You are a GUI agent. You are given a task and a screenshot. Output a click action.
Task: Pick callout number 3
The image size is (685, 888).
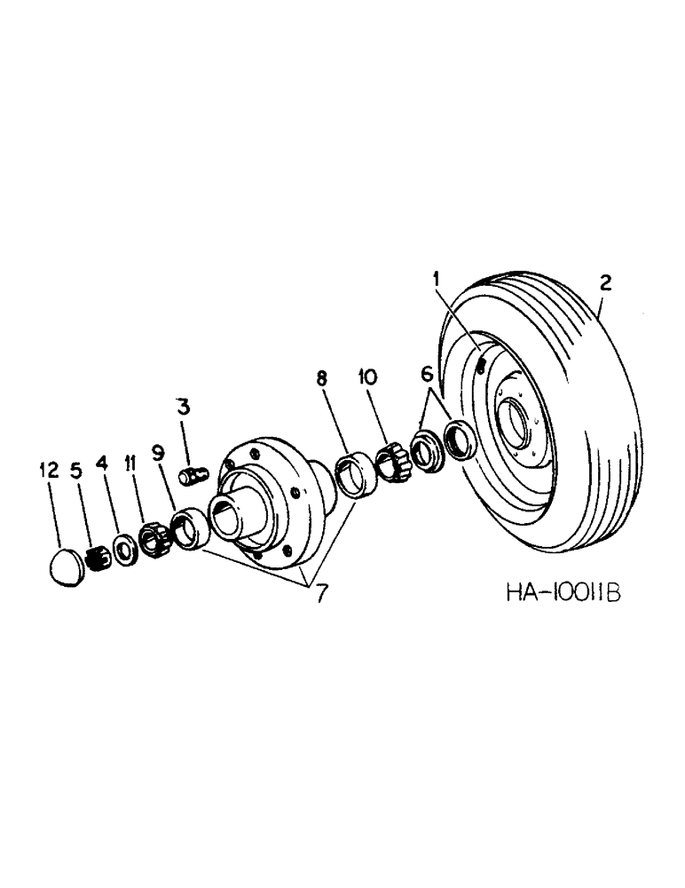tap(183, 409)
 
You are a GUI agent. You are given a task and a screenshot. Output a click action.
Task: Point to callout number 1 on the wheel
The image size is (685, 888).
tap(437, 281)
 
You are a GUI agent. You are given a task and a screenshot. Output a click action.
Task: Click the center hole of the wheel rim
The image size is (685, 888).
tap(516, 416)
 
